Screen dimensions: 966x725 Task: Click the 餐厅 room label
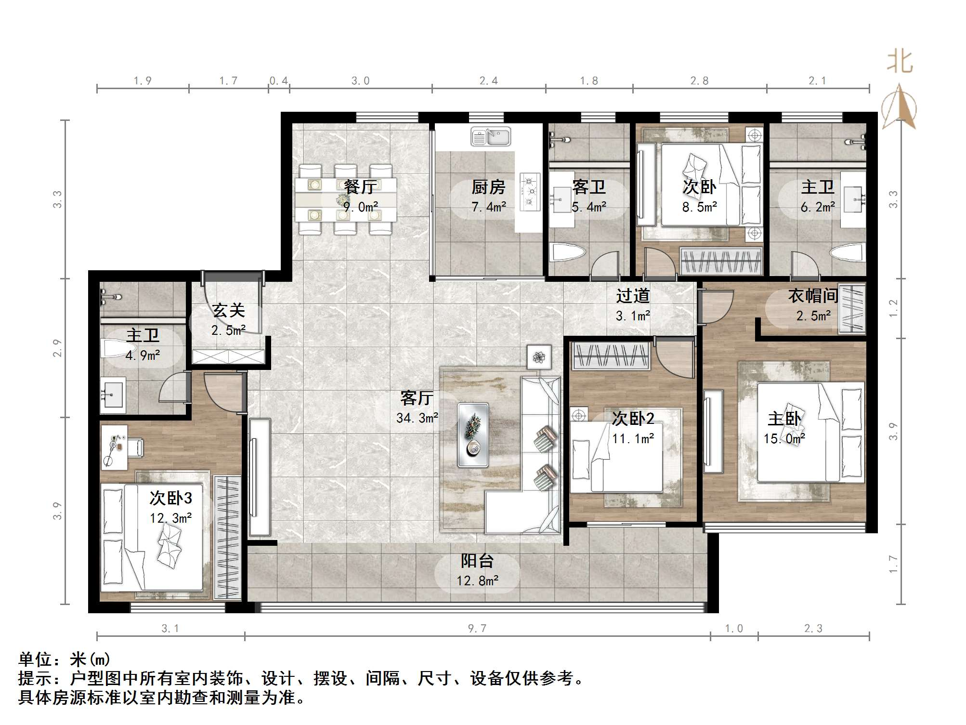tap(360, 186)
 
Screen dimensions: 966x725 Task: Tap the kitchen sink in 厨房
tap(491, 137)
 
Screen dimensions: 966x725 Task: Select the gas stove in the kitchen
tap(530, 191)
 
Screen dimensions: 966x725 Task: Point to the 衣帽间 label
tap(813, 296)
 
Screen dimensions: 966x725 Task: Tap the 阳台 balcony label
tap(477, 561)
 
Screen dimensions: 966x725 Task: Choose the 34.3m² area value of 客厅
tap(418, 418)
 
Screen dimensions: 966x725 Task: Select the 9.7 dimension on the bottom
tap(477, 628)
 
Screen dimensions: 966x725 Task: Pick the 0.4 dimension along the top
tap(279, 80)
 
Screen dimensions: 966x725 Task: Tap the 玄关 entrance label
tap(229, 310)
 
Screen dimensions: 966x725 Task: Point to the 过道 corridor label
tap(633, 296)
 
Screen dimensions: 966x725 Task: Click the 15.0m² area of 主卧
tap(784, 439)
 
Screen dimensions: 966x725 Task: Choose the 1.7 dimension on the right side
tap(893, 564)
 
